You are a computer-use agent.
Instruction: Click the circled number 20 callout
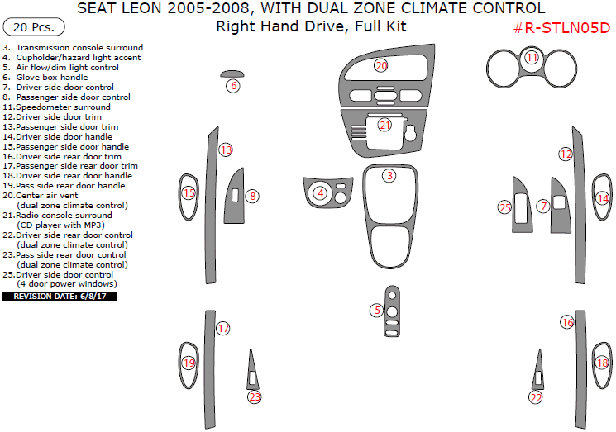[x=381, y=65]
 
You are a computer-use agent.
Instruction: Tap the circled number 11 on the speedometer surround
[x=532, y=58]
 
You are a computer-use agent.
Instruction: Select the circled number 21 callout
[x=384, y=126]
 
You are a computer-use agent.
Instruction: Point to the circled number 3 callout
[x=389, y=175]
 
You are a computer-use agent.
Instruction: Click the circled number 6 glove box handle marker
[x=234, y=86]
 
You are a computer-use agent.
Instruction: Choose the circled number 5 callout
[x=377, y=310]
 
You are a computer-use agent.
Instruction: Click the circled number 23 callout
[x=255, y=397]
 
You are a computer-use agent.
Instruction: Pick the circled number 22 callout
[x=536, y=398]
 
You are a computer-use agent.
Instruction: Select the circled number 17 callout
[x=223, y=329]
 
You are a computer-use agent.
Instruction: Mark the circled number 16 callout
[x=567, y=322]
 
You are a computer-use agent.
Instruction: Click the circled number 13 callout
[x=226, y=150]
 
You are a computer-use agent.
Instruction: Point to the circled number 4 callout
[x=320, y=193]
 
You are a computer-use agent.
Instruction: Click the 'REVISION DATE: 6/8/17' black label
[x=59, y=295]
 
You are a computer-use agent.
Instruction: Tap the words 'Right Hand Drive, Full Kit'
[x=311, y=26]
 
